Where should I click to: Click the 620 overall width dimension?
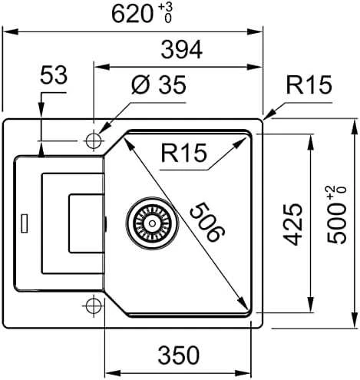132,15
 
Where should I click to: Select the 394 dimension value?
182,50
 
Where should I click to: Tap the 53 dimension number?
54,75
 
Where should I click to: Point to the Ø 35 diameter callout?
159,84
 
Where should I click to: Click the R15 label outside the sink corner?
309,84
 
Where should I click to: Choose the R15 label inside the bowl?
183,153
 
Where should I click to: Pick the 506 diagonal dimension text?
207,222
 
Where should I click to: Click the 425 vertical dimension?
292,224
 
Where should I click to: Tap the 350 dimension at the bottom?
179,355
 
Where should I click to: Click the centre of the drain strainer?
152,223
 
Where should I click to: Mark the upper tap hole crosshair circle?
94,141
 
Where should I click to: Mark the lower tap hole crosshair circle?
94,306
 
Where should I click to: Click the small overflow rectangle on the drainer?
25,223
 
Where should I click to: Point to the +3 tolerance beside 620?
166,7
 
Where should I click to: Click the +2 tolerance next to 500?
331,193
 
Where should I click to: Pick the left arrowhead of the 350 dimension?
113,374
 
